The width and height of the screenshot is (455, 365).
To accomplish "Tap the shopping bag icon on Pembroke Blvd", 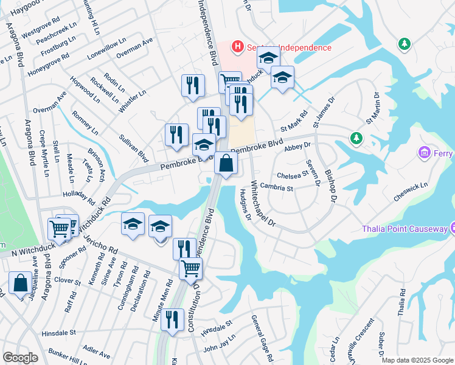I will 226,163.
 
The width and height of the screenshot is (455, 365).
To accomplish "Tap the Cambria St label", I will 276,187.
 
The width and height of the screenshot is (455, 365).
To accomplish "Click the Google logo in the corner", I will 20,358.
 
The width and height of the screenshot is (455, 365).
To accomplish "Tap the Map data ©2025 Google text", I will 417,360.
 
